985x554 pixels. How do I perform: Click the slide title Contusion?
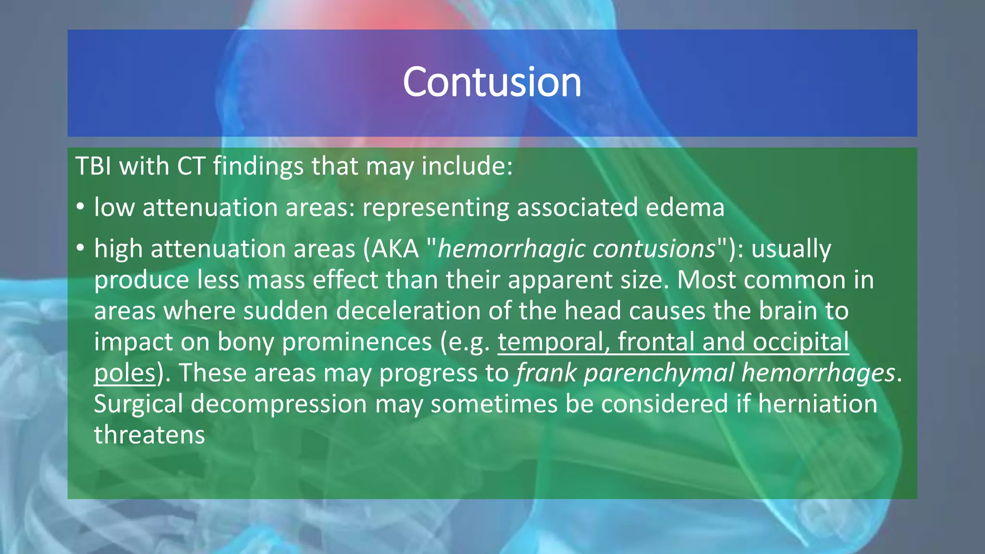click(492, 82)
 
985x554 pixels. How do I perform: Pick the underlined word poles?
click(125, 373)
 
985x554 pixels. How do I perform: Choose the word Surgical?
click(138, 404)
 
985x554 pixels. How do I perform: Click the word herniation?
click(818, 404)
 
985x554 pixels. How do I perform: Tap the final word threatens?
click(149, 435)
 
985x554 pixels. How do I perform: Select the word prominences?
click(357, 342)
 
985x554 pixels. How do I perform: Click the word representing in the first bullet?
click(435, 208)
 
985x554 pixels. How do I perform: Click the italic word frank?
click(546, 373)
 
